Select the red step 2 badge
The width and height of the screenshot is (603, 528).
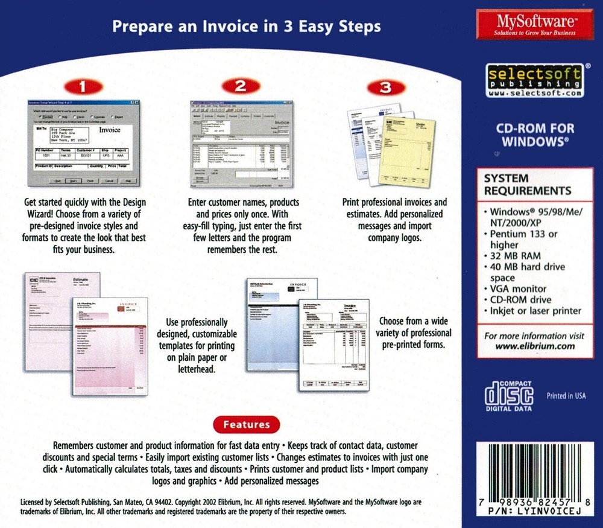241,86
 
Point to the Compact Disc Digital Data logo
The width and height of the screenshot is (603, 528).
510,395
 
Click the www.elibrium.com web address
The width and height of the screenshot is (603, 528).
534,346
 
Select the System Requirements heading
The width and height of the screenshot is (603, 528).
528,185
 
